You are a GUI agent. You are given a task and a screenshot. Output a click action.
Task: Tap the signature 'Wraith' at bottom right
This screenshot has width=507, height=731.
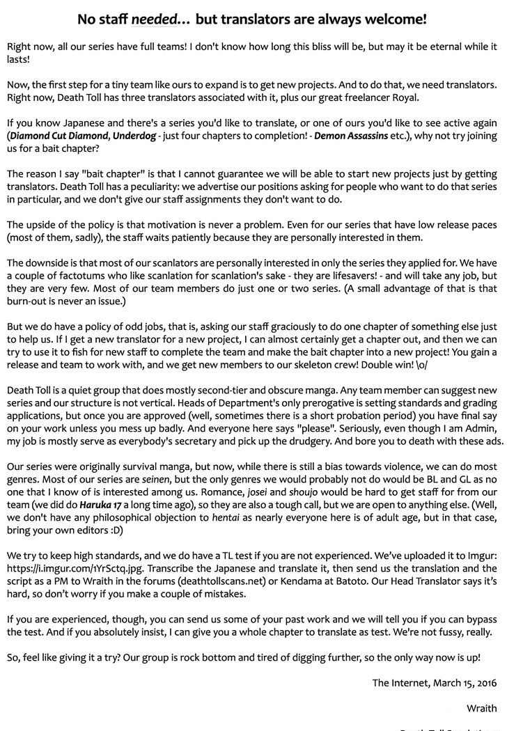click(482, 709)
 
